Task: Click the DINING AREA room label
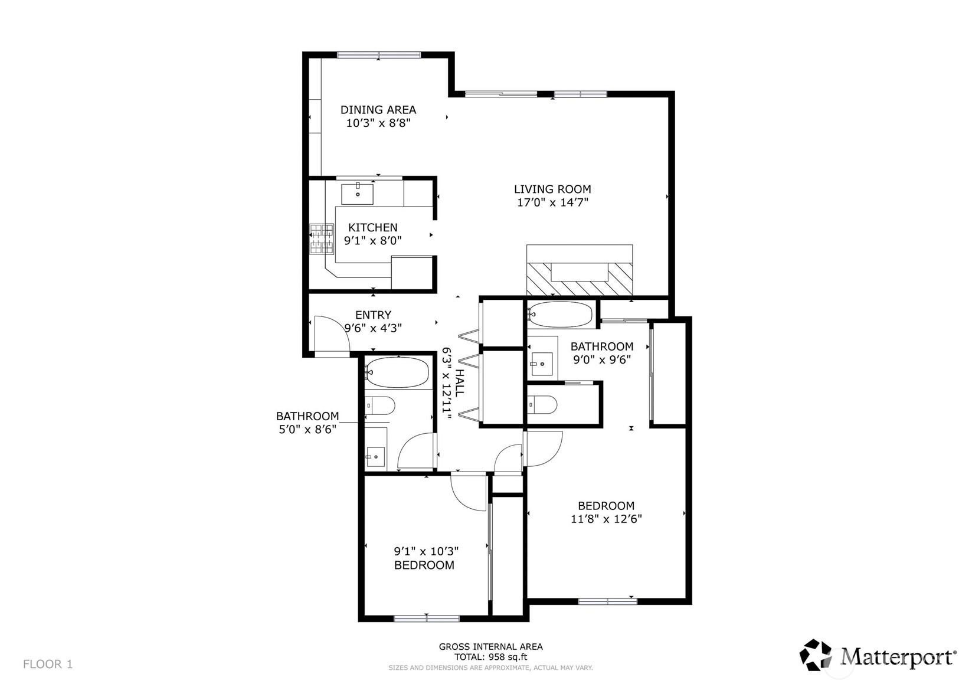378,110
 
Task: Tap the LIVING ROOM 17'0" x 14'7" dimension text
552,202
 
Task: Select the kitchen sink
358,193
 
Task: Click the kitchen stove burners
322,238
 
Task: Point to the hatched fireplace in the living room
580,279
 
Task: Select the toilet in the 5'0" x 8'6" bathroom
380,405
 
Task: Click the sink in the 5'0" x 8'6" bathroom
375,455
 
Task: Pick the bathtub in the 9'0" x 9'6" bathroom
561,315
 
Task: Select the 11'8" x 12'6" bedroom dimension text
606,519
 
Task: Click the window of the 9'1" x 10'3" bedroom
426,619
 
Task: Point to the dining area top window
378,55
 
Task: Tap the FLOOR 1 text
48,664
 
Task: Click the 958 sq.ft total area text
490,657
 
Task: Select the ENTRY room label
373,315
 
